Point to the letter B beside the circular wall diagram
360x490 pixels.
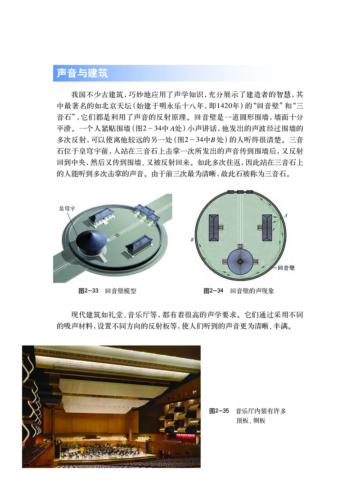click(x=192, y=240)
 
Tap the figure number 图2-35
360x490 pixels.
click(x=220, y=410)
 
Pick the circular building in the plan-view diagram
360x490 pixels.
click(x=243, y=259)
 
